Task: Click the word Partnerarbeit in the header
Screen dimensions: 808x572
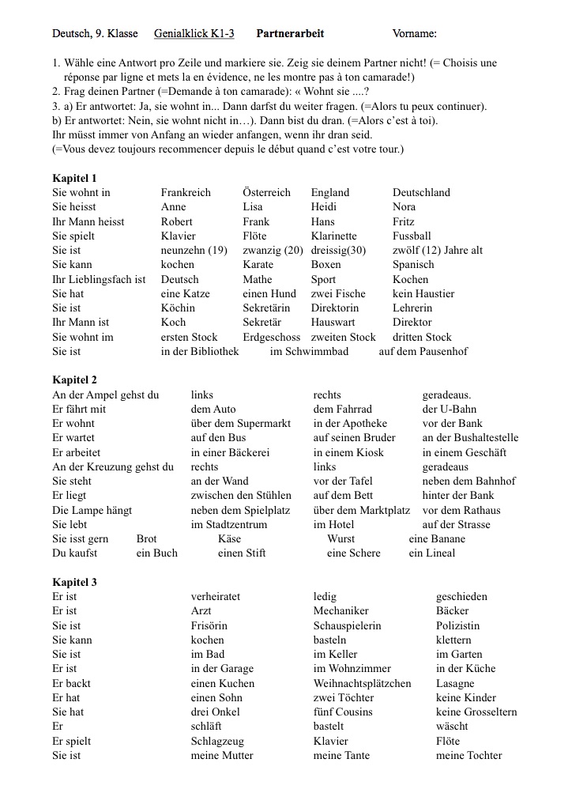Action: (290, 34)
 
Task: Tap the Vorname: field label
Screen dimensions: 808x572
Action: (414, 34)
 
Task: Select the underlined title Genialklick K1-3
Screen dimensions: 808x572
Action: (194, 34)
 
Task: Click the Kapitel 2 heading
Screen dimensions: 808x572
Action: (75, 380)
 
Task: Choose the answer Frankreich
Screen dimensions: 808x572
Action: (186, 193)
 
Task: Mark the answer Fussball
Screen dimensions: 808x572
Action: (412, 236)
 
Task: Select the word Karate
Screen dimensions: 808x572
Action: (258, 265)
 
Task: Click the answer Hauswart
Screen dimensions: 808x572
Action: (333, 323)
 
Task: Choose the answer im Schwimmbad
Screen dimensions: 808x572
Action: (309, 352)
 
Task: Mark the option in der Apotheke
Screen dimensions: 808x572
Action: (350, 424)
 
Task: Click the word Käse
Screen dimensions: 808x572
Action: (229, 539)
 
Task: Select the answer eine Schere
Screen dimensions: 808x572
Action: (353, 553)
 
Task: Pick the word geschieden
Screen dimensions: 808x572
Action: (461, 597)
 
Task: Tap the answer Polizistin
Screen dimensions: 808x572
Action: (457, 626)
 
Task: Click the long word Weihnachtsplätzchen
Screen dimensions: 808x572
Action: (362, 684)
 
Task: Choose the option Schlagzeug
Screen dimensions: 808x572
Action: (217, 742)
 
